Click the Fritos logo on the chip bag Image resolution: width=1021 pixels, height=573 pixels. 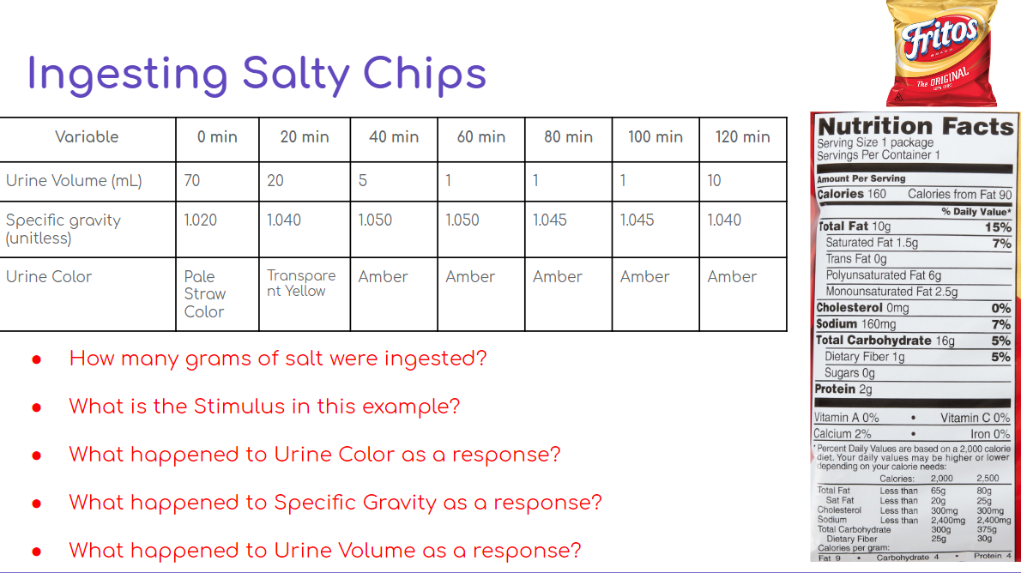pos(939,39)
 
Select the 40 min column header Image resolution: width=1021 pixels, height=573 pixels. pos(394,137)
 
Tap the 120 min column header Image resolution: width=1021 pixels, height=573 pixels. pos(743,137)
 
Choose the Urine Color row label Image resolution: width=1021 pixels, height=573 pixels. pos(49,277)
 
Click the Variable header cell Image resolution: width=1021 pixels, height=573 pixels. pos(87,137)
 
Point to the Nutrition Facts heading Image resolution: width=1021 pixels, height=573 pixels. pos(915,127)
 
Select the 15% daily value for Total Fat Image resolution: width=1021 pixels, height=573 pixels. pos(998,227)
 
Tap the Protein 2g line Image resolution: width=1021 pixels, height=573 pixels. pos(832,389)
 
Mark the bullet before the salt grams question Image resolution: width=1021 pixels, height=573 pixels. pos(37,359)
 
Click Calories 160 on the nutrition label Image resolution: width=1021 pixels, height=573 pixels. pos(852,194)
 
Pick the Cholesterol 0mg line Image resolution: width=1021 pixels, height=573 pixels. pos(862,308)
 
